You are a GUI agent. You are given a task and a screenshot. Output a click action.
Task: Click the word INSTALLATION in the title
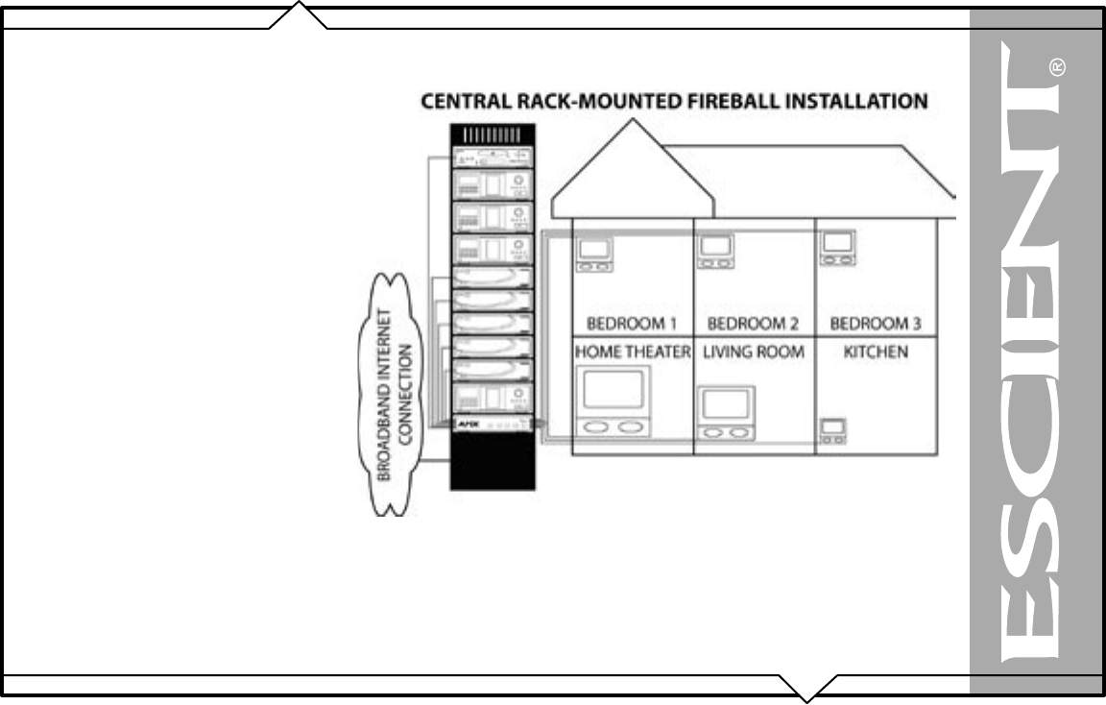coord(856,100)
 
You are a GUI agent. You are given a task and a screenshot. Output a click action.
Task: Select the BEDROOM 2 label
coord(754,324)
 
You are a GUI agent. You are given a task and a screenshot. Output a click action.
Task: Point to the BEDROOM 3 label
coord(876,324)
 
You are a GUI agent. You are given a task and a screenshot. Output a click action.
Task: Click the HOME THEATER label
coord(633,352)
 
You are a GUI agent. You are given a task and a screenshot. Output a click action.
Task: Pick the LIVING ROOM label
coord(754,352)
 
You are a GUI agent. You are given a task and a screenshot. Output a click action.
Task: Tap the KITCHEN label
coord(875,352)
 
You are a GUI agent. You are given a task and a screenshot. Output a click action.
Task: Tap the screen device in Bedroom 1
coord(594,253)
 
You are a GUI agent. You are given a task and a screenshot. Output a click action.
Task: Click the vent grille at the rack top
coord(492,135)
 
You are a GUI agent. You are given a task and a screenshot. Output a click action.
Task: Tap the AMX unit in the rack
coord(493,423)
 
